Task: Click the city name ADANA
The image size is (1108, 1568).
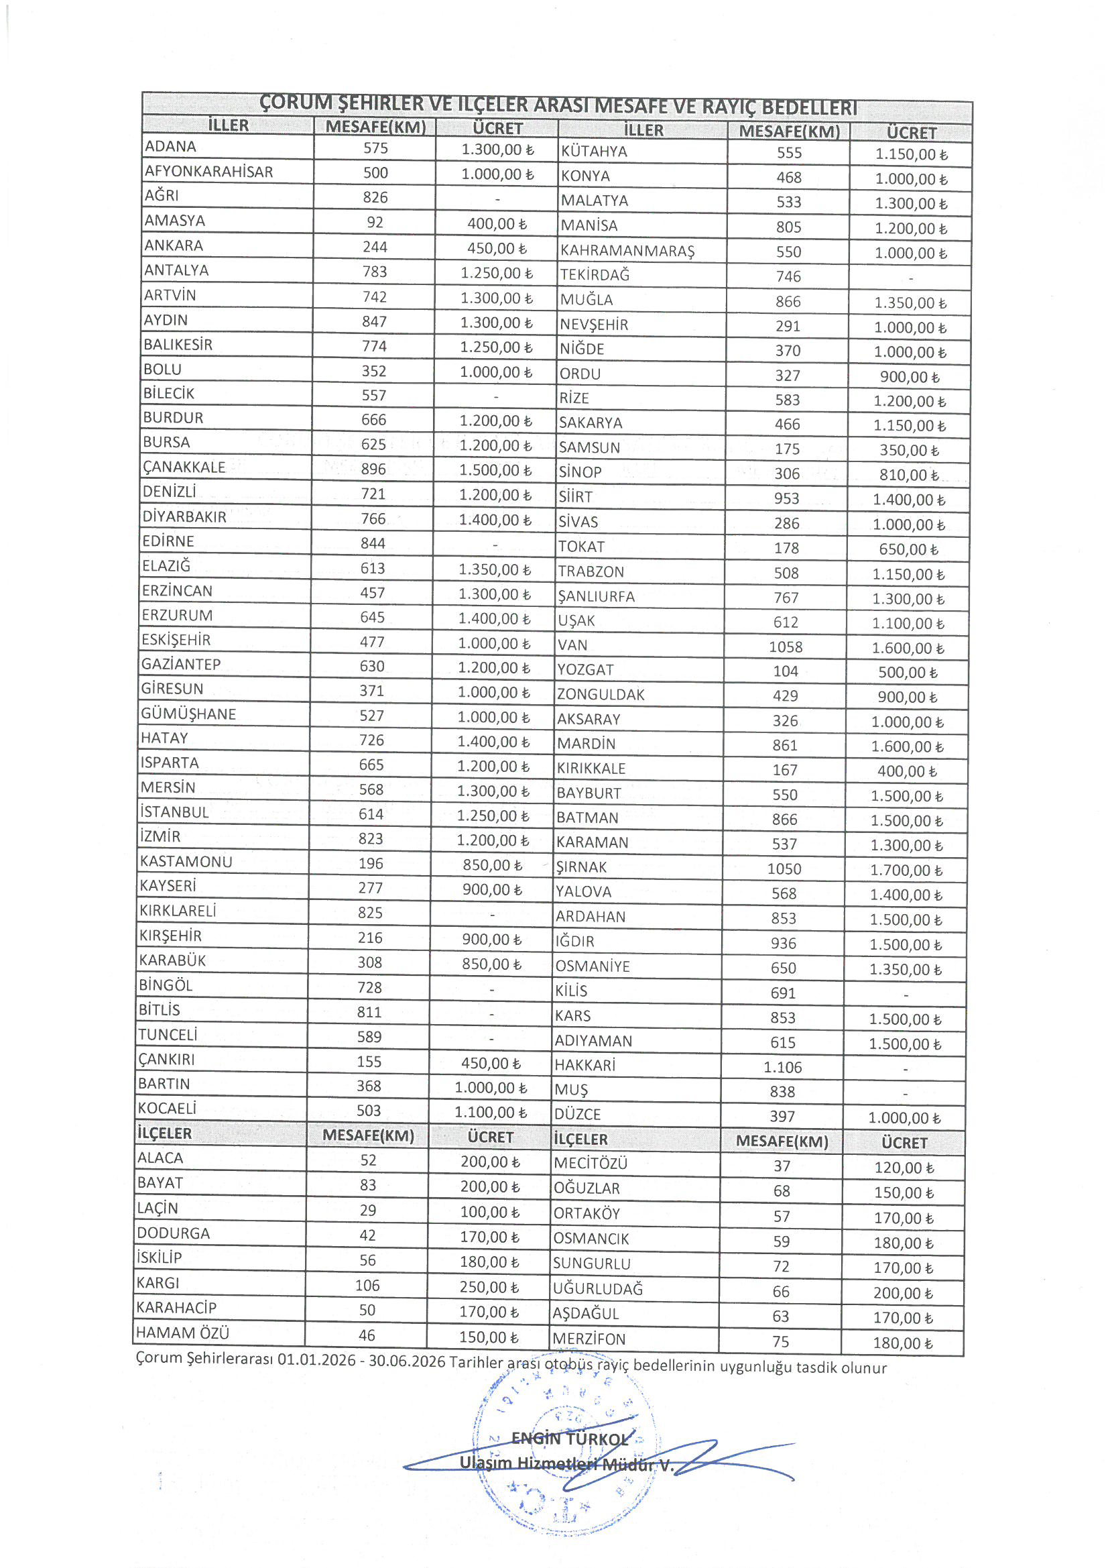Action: coord(171,147)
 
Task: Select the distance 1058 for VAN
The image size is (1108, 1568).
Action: coord(785,647)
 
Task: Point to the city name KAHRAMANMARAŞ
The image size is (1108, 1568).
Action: coord(627,251)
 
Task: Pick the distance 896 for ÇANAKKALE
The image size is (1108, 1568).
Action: coord(373,469)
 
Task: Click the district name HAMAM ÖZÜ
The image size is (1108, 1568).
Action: coord(182,1333)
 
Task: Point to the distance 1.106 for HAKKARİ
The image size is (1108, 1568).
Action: coord(782,1068)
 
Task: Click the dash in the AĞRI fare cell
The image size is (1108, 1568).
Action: coord(497,199)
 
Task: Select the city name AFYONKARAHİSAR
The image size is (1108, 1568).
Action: coord(209,172)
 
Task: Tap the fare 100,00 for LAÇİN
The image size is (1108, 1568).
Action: coord(489,1212)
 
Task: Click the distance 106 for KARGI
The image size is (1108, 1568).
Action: coord(367,1285)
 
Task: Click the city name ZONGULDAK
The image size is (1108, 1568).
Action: coord(601,695)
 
